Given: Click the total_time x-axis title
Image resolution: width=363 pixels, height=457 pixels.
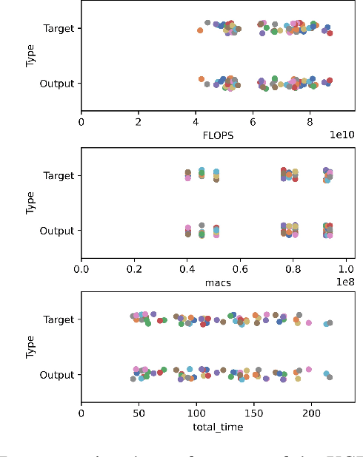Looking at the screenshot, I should [218, 427].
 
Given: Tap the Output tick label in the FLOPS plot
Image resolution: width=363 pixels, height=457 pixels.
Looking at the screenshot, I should [58, 84].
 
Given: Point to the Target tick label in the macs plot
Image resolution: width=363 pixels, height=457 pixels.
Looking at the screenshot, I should [59, 175].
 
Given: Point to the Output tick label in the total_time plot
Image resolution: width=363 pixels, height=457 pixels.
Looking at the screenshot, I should [58, 375].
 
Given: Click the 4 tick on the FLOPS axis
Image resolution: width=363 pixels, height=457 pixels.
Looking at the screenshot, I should [196, 121].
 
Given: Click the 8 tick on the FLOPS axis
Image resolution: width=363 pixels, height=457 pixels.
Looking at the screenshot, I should [310, 121].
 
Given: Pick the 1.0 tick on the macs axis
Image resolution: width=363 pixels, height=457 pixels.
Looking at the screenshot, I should [346, 268].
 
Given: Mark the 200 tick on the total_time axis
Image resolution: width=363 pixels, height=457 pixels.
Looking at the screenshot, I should [311, 413].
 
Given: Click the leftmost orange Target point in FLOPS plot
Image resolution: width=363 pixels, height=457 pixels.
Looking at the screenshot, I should [200, 30].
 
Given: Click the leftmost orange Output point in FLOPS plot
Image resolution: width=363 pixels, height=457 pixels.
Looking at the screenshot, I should [201, 78].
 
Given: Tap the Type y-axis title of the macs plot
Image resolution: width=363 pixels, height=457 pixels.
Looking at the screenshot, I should [30, 203].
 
